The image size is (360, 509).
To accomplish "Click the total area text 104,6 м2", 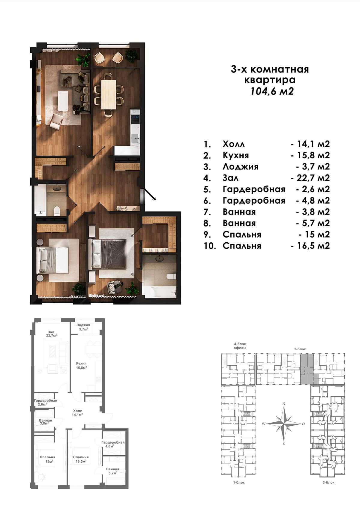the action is [272, 91].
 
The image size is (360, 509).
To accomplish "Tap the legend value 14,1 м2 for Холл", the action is [310, 144].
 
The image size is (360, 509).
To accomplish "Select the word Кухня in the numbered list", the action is [236, 155].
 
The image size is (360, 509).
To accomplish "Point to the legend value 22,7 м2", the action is [310, 178].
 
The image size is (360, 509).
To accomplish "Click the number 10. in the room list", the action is [209, 246].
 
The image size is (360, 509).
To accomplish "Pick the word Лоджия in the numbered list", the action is [241, 167].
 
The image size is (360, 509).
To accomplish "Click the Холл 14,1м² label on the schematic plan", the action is [77, 413].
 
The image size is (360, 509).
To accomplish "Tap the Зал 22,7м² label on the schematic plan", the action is [51, 334].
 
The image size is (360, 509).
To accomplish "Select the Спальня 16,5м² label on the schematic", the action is [81, 459].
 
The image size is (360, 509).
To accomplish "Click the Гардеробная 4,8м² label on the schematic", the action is [113, 444].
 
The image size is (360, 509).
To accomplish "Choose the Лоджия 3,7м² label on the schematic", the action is [83, 327].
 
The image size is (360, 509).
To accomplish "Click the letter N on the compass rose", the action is [283, 404].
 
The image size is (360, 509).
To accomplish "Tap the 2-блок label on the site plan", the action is [300, 349].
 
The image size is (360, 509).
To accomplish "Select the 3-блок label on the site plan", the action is [328, 482].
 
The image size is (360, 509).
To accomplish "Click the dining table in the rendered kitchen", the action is [108, 94].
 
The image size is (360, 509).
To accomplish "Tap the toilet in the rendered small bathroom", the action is [57, 211].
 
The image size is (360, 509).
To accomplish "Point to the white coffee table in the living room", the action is [63, 101].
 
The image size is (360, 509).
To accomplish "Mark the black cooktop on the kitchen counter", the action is [136, 119].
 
